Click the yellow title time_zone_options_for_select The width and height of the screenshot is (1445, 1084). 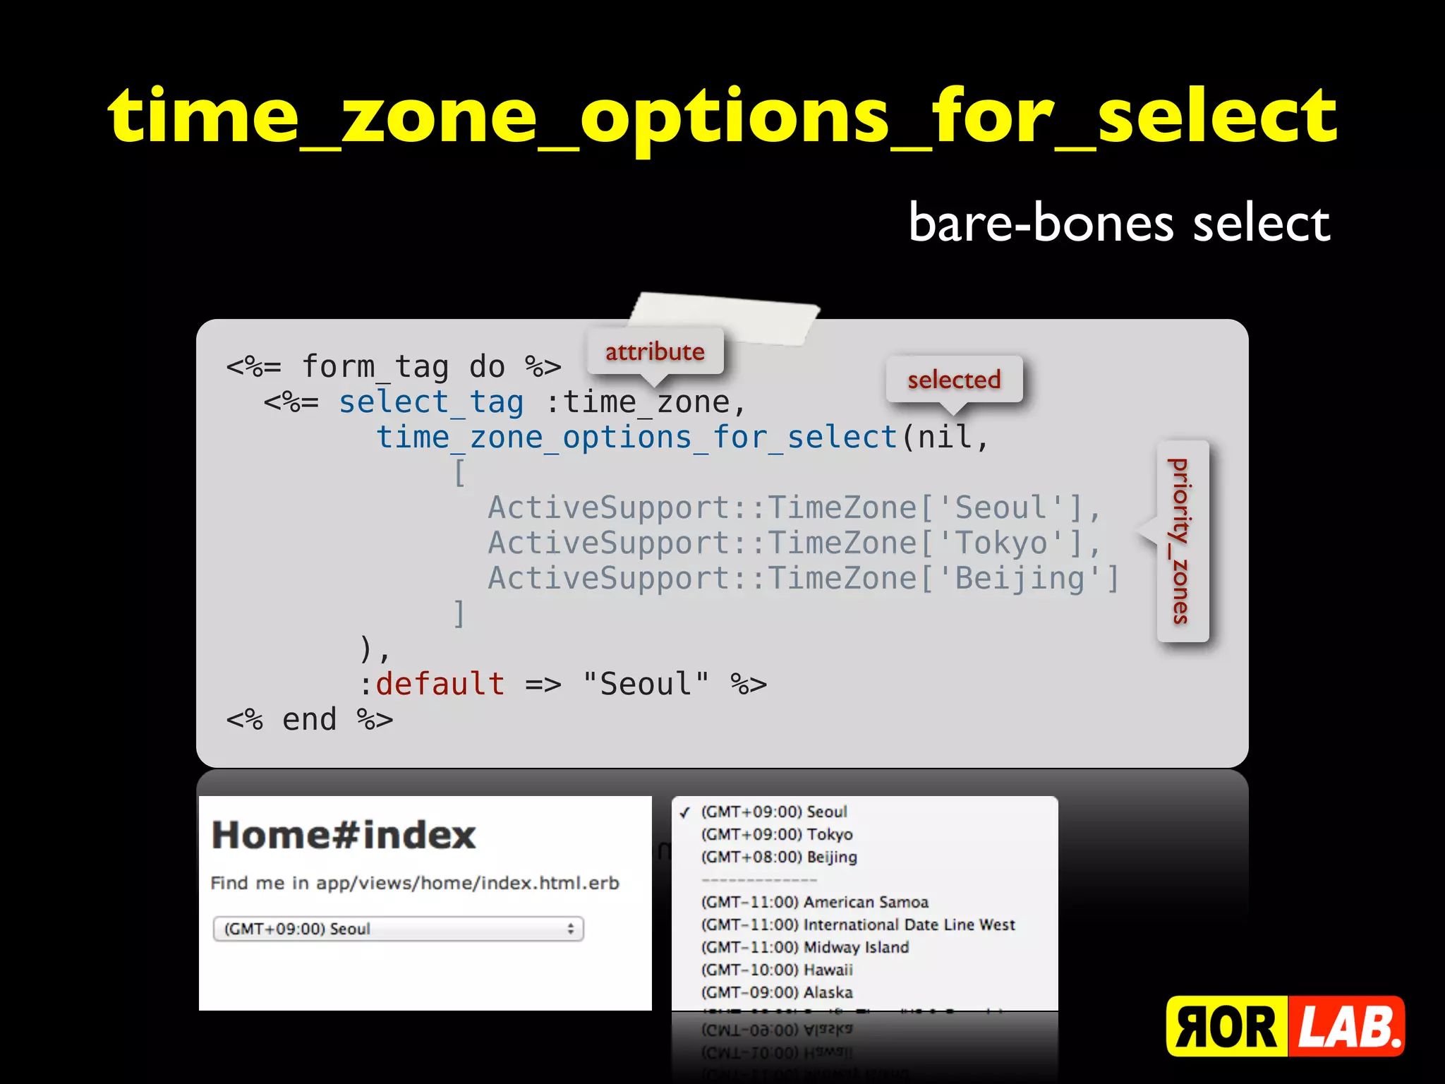[722, 116]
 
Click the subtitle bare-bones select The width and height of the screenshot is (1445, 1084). [1119, 223]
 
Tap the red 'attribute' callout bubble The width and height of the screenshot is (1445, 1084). [655, 351]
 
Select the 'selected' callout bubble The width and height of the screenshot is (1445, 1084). [954, 380]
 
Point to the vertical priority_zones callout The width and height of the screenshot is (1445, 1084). [1182, 541]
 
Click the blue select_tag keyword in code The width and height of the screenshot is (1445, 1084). [431, 403]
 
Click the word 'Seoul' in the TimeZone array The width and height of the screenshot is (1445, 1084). [1001, 508]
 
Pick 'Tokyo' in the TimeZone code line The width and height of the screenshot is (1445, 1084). [1001, 543]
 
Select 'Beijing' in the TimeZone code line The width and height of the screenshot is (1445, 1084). [1020, 579]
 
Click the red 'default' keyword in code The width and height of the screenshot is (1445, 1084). [440, 684]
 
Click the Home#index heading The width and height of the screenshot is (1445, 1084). [344, 835]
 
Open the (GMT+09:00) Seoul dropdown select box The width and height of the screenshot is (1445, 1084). [398, 929]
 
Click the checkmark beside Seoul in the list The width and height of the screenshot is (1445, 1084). [684, 812]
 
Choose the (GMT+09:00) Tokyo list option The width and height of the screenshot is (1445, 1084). [777, 834]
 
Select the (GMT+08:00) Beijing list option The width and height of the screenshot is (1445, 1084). [779, 857]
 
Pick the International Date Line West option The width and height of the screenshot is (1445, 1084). [857, 925]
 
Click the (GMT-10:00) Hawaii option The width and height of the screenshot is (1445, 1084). [777, 970]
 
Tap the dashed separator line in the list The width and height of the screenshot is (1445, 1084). [759, 880]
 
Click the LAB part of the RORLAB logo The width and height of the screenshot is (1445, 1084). [1346, 1027]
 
